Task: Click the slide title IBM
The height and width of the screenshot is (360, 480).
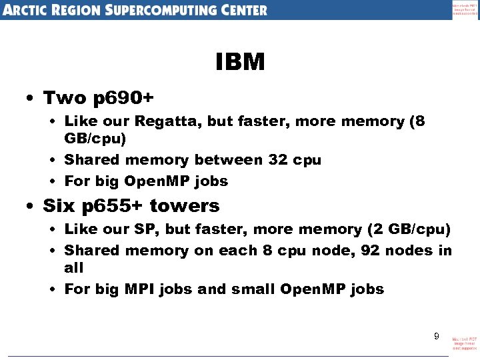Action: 240,63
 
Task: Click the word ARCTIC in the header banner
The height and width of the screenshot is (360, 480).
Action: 31,10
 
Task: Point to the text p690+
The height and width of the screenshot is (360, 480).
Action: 123,98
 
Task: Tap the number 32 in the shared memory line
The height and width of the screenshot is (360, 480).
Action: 279,160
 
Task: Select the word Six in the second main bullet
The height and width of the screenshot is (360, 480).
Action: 58,205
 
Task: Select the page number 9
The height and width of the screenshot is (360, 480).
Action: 437,336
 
